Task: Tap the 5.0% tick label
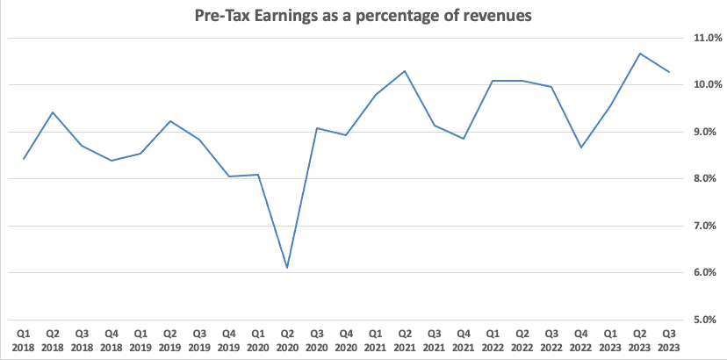click(707, 320)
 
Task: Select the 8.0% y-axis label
click(707, 179)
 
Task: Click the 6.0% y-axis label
click(707, 273)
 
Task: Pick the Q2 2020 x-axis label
click(287, 340)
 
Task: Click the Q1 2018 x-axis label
click(23, 340)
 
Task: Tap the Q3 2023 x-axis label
click(669, 340)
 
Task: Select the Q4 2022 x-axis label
click(581, 340)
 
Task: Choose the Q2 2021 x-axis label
click(405, 340)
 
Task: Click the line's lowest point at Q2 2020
click(287, 268)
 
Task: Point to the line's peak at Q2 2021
click(405, 71)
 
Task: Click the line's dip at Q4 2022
click(581, 148)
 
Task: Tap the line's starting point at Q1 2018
click(23, 159)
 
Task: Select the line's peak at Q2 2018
click(53, 112)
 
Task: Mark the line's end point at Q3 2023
click(669, 72)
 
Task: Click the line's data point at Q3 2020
click(317, 128)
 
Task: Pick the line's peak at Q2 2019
click(170, 121)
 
